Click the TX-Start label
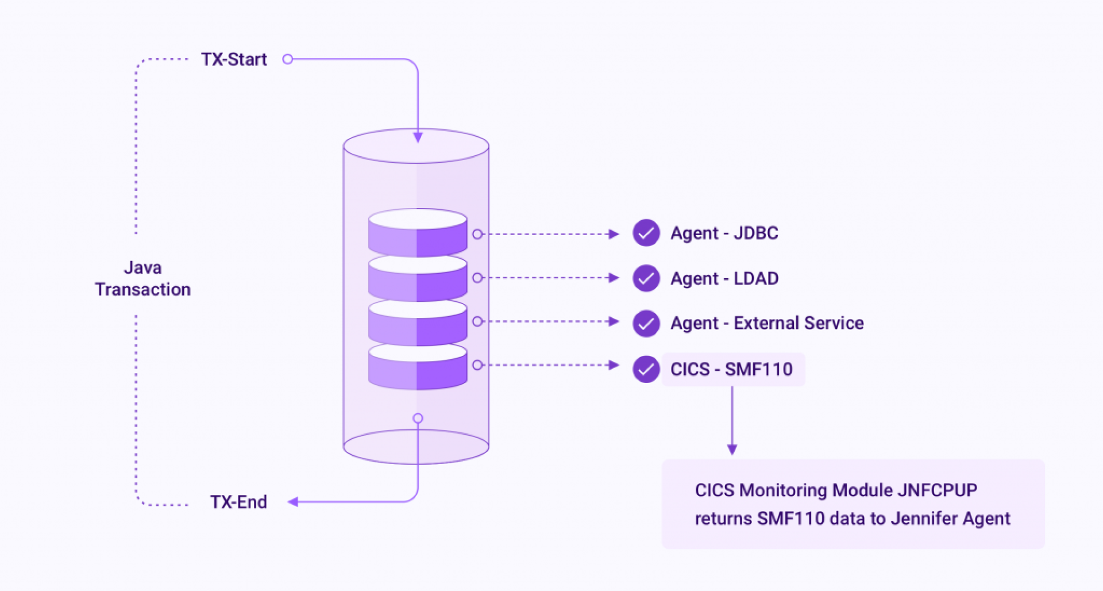tap(234, 59)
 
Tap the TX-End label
tap(238, 502)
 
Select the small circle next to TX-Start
tap(288, 59)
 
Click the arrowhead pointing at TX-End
tap(293, 502)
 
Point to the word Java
tap(142, 268)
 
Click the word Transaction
tap(142, 289)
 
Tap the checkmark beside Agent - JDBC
tap(646, 233)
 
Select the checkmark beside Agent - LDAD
tap(646, 278)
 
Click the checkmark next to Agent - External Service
tap(646, 323)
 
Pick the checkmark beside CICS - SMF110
tap(646, 369)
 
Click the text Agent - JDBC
tap(724, 233)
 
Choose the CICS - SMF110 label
tap(731, 369)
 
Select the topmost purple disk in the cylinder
tap(418, 233)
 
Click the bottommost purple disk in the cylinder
tap(418, 368)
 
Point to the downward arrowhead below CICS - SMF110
tap(732, 449)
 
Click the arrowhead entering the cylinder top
tap(418, 137)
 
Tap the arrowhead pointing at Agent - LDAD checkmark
tap(614, 278)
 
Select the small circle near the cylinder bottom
tap(418, 419)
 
